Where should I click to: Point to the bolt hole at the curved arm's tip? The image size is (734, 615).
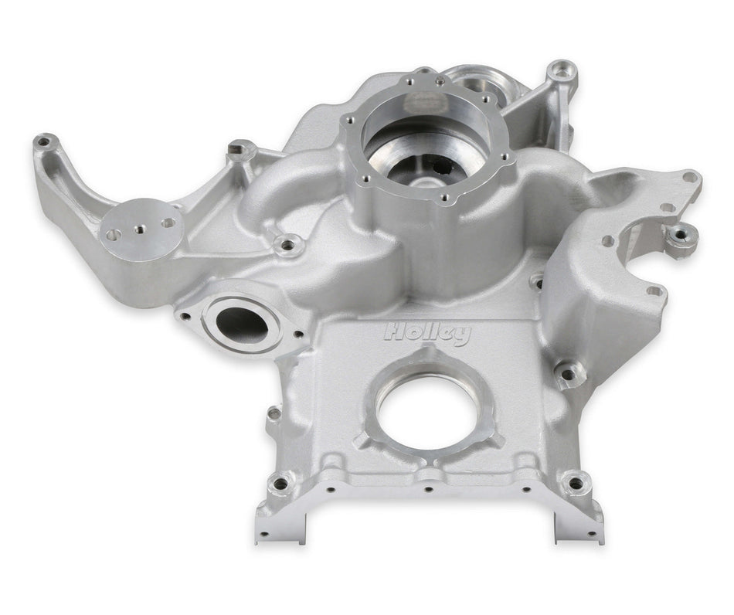coord(44,141)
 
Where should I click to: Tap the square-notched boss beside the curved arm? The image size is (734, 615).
coord(240,147)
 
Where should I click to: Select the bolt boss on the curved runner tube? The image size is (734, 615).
coord(287,246)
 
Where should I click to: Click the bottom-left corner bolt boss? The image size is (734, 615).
coord(280,484)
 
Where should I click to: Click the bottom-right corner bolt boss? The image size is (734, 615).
coord(575,484)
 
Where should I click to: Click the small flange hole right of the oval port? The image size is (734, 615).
coord(299,335)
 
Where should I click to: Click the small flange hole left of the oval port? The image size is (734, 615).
coord(185,315)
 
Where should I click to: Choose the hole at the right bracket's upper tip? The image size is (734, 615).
coord(689,177)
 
